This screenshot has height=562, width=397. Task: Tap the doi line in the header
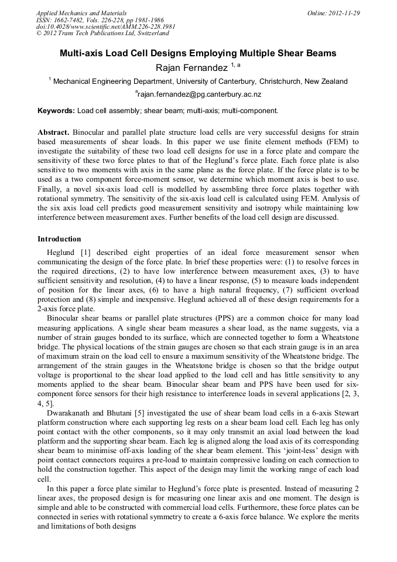(x=105, y=26)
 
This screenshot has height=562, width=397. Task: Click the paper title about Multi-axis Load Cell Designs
(x=198, y=53)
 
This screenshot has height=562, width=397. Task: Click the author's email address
(x=199, y=94)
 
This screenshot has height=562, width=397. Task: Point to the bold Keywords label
(x=56, y=110)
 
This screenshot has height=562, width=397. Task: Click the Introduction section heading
(x=59, y=239)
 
